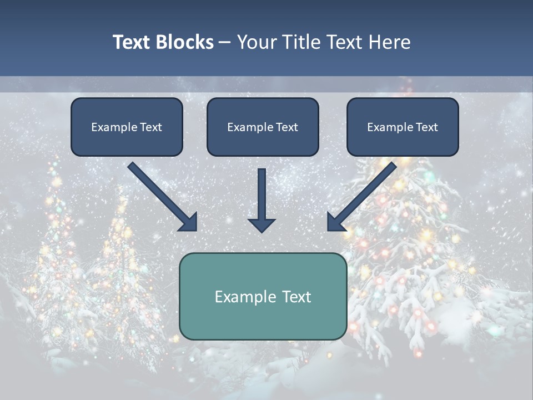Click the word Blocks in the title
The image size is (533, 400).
point(184,42)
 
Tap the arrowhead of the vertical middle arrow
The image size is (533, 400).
point(262,224)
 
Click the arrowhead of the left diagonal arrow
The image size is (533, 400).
point(189,222)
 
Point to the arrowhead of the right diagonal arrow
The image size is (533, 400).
point(335,222)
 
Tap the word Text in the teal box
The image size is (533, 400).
point(295,297)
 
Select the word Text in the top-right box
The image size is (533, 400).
point(427,127)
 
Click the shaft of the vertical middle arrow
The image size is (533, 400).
point(262,192)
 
